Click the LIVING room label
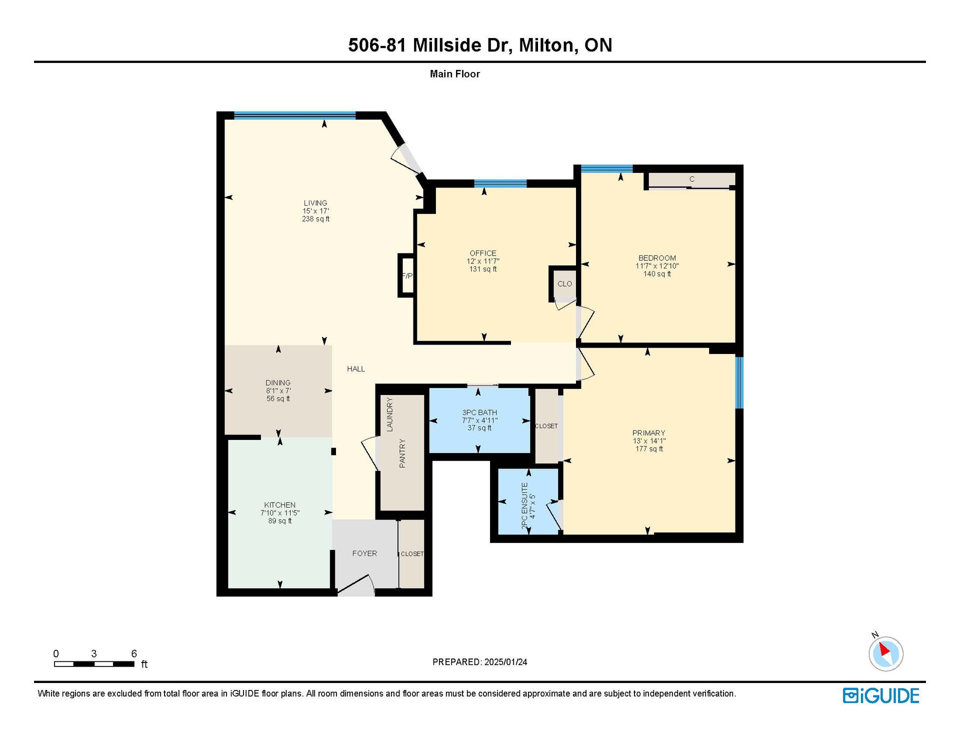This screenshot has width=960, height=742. pos(315,203)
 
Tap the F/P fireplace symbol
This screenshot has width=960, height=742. pos(406,275)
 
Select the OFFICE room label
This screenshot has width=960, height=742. pos(483,253)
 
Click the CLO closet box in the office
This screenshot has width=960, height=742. pos(564,283)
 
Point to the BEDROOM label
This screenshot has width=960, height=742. pos(657,258)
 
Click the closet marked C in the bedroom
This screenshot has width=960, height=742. pos(691,180)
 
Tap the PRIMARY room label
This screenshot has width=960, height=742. pos(648,433)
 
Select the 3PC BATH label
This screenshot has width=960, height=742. pos(479,412)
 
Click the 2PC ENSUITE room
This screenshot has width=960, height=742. pos(528,501)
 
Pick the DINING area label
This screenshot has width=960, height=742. pos(278,383)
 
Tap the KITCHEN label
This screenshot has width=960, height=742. pos(280,505)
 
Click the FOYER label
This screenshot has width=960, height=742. pos(364,553)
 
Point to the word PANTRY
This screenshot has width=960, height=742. pos(402,453)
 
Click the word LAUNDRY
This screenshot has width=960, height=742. pos(390,414)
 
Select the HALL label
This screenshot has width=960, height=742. pos(356,369)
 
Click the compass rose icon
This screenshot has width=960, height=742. pos(885,653)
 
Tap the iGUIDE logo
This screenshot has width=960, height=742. pos(881,695)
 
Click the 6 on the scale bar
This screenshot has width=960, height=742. pos(134,653)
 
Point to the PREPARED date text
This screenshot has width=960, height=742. pos(479,662)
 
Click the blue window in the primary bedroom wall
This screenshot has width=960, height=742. pos(739,382)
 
